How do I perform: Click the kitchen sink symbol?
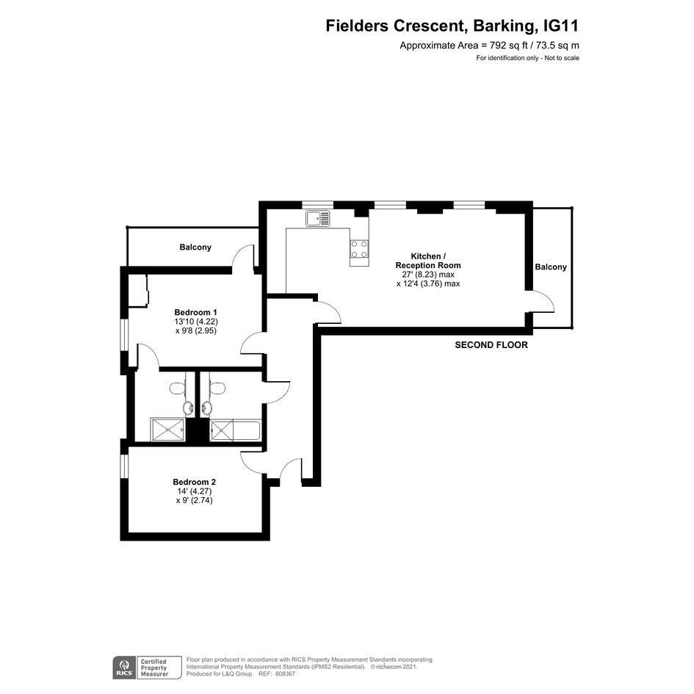[317, 218]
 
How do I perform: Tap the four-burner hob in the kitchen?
[359, 248]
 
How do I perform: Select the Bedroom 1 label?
[195, 312]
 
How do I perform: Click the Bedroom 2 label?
[195, 482]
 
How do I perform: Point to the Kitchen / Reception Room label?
[428, 261]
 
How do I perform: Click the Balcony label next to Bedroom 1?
[195, 247]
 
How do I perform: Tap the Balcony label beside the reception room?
[551, 267]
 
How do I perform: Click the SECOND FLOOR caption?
[491, 344]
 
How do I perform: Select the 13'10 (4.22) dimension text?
[196, 322]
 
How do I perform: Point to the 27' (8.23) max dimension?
[428, 275]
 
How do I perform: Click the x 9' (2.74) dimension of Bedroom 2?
[195, 501]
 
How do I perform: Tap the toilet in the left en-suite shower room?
[178, 388]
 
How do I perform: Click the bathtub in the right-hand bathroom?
[246, 430]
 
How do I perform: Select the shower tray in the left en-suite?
[167, 430]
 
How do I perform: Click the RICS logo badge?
[124, 668]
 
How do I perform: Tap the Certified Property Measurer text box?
[159, 668]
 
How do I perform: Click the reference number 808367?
[285, 674]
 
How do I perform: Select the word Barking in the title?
[504, 26]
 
